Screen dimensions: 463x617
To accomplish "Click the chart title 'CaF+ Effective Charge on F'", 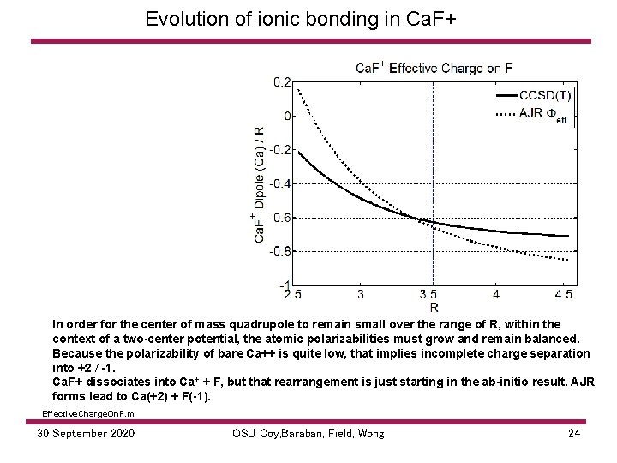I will pyautogui.click(x=434, y=68).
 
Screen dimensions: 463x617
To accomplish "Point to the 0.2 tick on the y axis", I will pyautogui.click(x=281, y=82).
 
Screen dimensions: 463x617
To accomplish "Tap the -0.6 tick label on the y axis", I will pyautogui.click(x=279, y=217).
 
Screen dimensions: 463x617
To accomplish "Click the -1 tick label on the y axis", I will pyautogui.click(x=283, y=285).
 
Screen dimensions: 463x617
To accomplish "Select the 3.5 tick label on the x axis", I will pyautogui.click(x=428, y=295).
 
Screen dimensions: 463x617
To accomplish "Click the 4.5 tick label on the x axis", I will pyautogui.click(x=563, y=295).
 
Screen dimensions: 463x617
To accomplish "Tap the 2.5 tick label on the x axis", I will pyautogui.click(x=293, y=295).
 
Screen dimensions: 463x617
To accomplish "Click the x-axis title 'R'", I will pyautogui.click(x=434, y=306).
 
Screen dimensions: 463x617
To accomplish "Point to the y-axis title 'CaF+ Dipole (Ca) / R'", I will pyautogui.click(x=260, y=183).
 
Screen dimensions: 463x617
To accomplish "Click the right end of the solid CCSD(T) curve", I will pyautogui.click(x=568, y=236).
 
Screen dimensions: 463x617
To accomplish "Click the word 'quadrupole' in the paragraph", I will pyautogui.click(x=244, y=324).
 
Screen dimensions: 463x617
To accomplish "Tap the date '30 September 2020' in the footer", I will pyautogui.click(x=86, y=434).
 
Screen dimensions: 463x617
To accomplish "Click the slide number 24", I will pyautogui.click(x=574, y=434).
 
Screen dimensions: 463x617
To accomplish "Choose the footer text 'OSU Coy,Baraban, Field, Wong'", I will pyautogui.click(x=308, y=434).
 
